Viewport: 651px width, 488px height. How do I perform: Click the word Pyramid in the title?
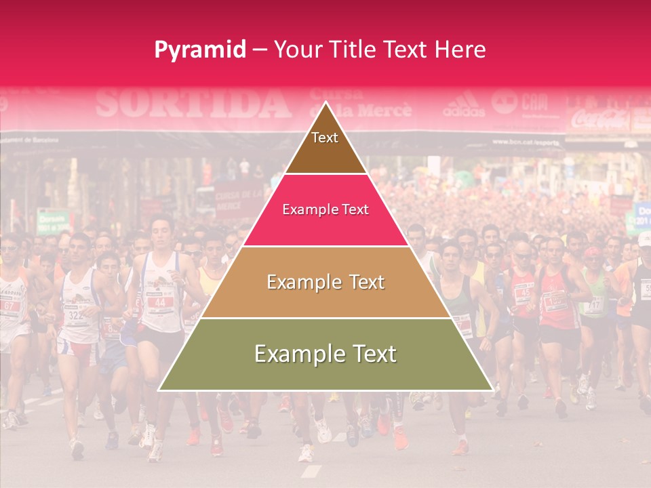tap(200, 49)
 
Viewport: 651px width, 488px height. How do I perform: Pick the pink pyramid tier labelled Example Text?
tap(325, 210)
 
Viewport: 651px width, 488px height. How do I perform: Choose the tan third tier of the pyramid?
tap(325, 282)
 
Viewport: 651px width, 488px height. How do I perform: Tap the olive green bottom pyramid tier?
tap(325, 354)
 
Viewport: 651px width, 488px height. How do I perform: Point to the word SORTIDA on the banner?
tap(193, 104)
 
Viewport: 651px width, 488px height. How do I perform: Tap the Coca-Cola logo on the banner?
tap(599, 120)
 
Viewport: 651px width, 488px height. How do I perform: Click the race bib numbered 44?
tap(160, 302)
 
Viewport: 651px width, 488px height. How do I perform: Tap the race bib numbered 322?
tap(75, 316)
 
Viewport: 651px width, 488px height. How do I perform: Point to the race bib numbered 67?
tap(9, 305)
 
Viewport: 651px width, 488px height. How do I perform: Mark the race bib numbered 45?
tap(523, 293)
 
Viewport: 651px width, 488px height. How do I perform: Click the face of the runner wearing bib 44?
tap(161, 232)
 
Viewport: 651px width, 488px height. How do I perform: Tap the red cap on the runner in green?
tap(593, 251)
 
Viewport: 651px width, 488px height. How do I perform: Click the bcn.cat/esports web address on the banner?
tap(535, 142)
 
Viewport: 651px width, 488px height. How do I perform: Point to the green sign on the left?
tap(53, 221)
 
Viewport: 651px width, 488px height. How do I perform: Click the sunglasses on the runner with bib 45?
tap(522, 256)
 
